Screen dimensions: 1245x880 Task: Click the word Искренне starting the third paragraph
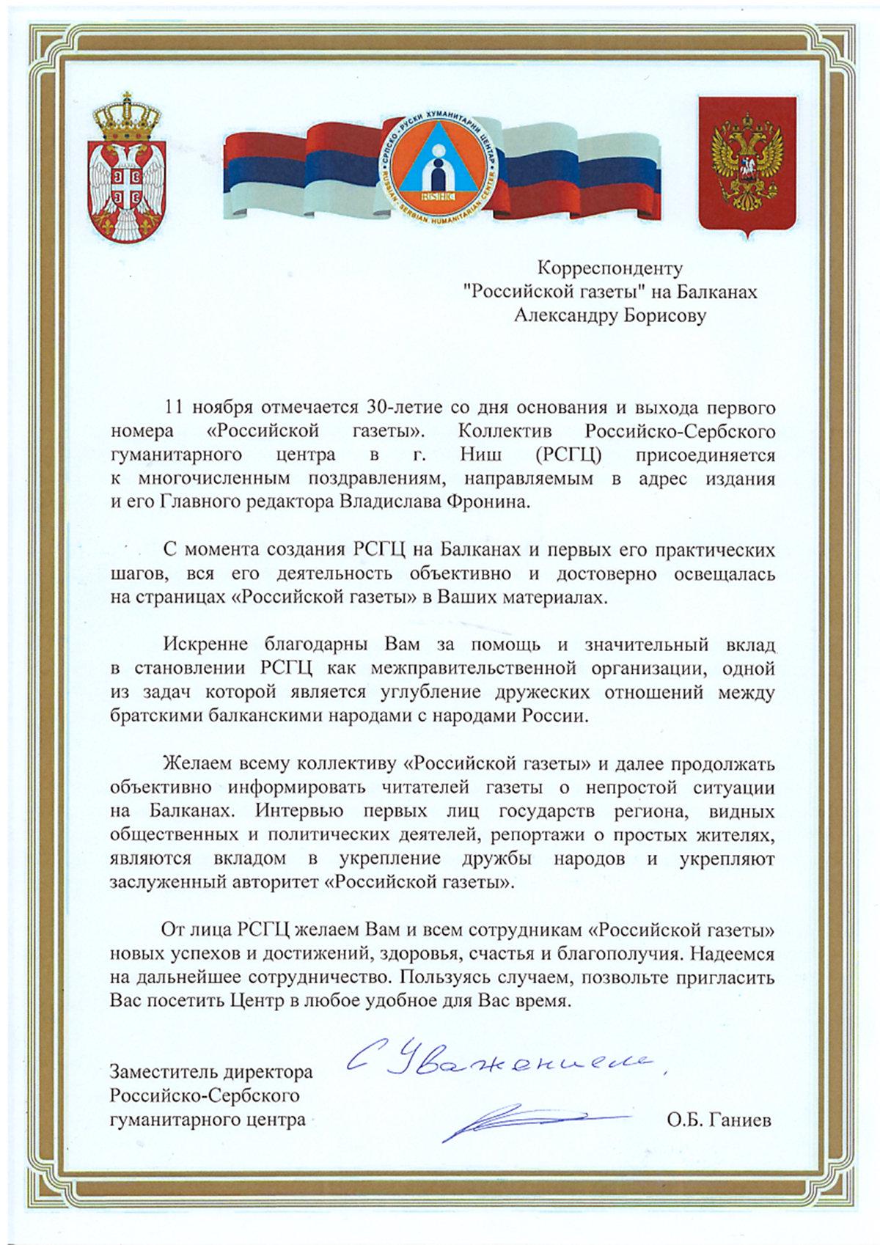click(197, 645)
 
